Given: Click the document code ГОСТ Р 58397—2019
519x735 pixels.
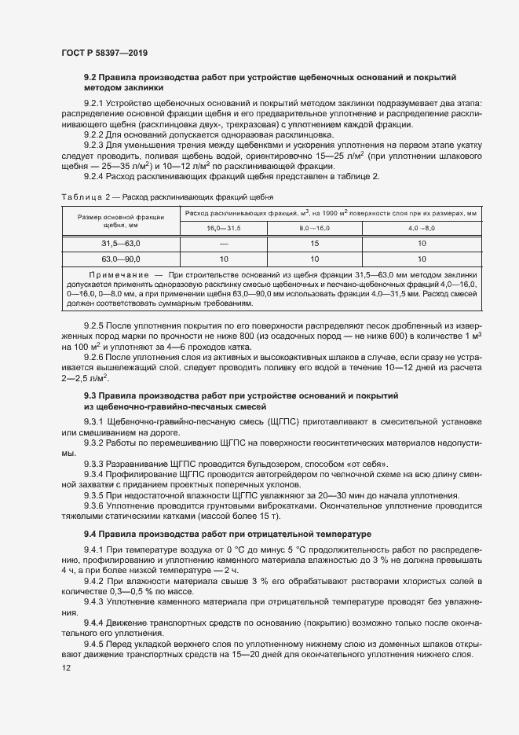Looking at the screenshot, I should point(104,53).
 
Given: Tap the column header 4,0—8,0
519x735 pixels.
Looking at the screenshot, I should point(422,227).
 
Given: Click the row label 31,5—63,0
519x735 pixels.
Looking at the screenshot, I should point(121,243).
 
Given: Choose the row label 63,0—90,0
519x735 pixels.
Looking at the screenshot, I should point(121,259).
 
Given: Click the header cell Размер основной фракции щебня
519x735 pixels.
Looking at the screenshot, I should point(121,220).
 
